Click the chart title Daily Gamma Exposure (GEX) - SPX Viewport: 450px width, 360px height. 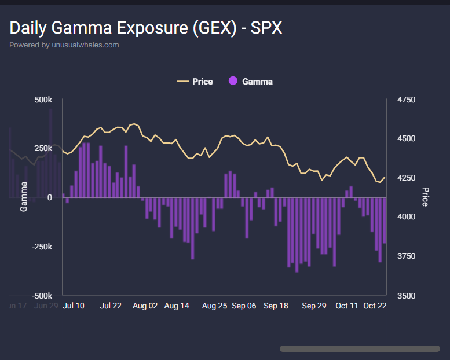coord(146,27)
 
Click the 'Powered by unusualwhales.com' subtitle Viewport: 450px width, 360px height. coord(64,45)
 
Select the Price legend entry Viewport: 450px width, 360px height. coord(195,82)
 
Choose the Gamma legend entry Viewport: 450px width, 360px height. coord(250,82)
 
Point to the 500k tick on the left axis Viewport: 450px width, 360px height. coord(43,100)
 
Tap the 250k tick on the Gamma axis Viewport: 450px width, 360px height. coord(43,149)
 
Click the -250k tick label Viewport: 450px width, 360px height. coord(41,247)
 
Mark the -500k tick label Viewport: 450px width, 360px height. coord(41,296)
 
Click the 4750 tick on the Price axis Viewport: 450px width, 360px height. coord(407,100)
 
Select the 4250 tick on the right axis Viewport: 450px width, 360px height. coord(407,178)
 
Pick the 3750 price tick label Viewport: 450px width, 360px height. coord(407,256)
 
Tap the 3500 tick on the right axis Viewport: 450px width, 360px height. coord(407,296)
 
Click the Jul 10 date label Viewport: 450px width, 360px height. coord(73,306)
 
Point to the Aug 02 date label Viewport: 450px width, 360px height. coord(145,306)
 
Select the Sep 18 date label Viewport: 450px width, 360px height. coord(276,306)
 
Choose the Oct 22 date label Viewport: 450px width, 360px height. coord(374,306)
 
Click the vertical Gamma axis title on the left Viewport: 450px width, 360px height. coord(24,196)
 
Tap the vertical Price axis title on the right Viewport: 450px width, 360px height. coord(425,197)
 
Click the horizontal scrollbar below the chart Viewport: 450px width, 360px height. coord(359,348)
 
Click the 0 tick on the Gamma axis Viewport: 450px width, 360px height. coord(50,197)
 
